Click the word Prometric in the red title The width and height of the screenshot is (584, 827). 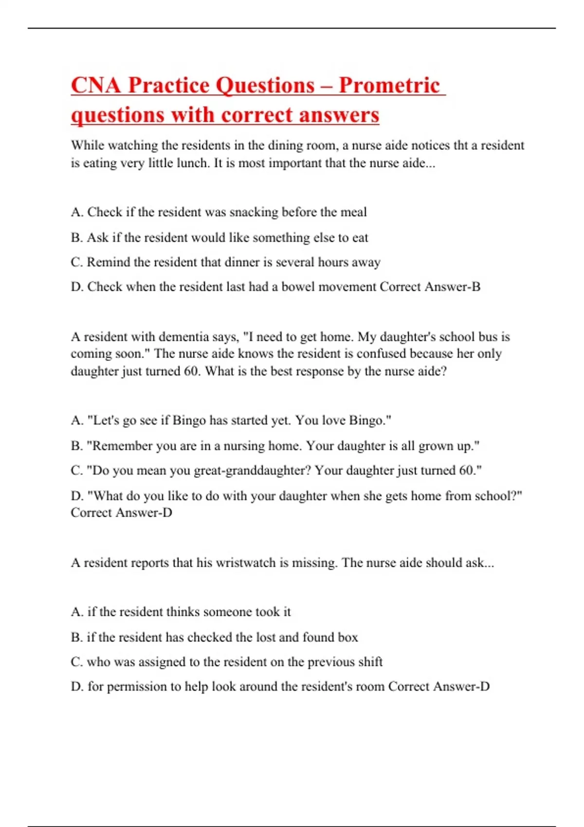[x=389, y=85]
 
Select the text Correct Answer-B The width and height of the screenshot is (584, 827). [x=430, y=287]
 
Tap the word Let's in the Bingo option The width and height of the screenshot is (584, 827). [x=103, y=420]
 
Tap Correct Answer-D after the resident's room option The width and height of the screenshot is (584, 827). [x=438, y=687]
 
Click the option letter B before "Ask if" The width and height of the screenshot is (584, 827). [x=76, y=237]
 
